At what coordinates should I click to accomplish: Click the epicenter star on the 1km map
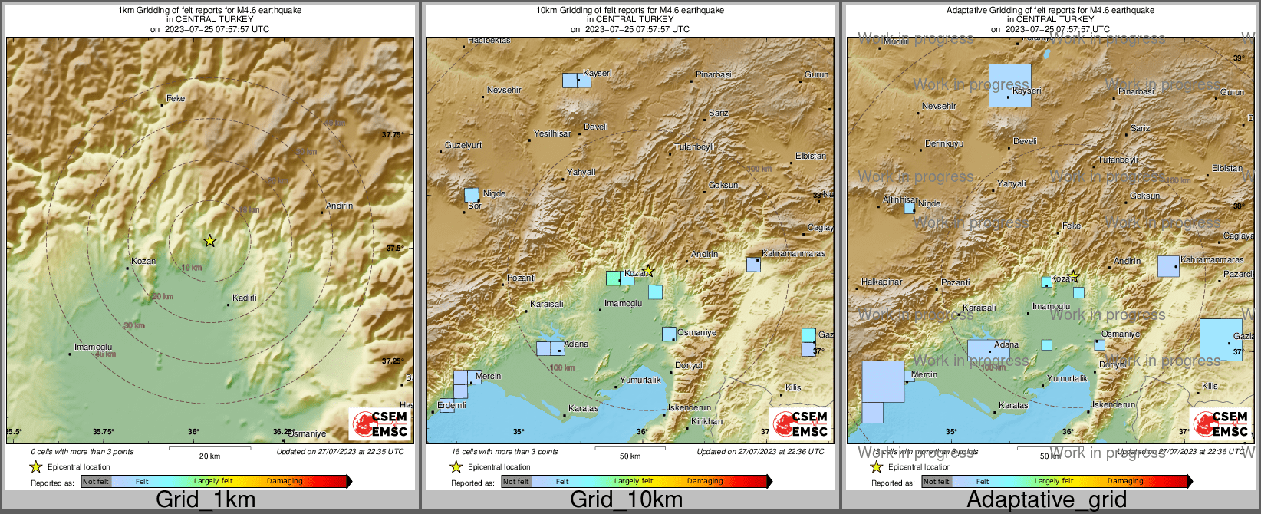coord(209,241)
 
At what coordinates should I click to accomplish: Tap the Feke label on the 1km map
coord(176,98)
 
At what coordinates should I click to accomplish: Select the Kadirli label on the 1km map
coord(245,298)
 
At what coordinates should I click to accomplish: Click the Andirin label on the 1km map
coord(339,206)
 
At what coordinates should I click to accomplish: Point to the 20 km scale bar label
coord(209,456)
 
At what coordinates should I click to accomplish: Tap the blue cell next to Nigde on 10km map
coord(472,195)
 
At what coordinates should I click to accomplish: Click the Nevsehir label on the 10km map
coord(504,90)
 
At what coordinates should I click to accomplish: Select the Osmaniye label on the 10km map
coord(696,332)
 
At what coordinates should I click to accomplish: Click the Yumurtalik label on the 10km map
coord(640,380)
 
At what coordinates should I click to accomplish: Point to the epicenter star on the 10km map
coord(648,270)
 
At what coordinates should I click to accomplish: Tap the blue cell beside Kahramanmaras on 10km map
coord(753,265)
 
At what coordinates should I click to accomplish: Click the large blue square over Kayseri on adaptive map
coord(1009,85)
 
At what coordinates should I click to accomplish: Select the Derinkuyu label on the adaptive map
coord(943,143)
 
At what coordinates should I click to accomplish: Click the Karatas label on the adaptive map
coord(1012,405)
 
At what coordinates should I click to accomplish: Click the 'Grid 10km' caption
coord(626,499)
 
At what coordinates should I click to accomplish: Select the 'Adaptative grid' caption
coord(1046,499)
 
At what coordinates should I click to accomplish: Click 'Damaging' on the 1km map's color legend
coord(285,481)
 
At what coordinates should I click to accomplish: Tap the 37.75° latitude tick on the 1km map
coord(392,135)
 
